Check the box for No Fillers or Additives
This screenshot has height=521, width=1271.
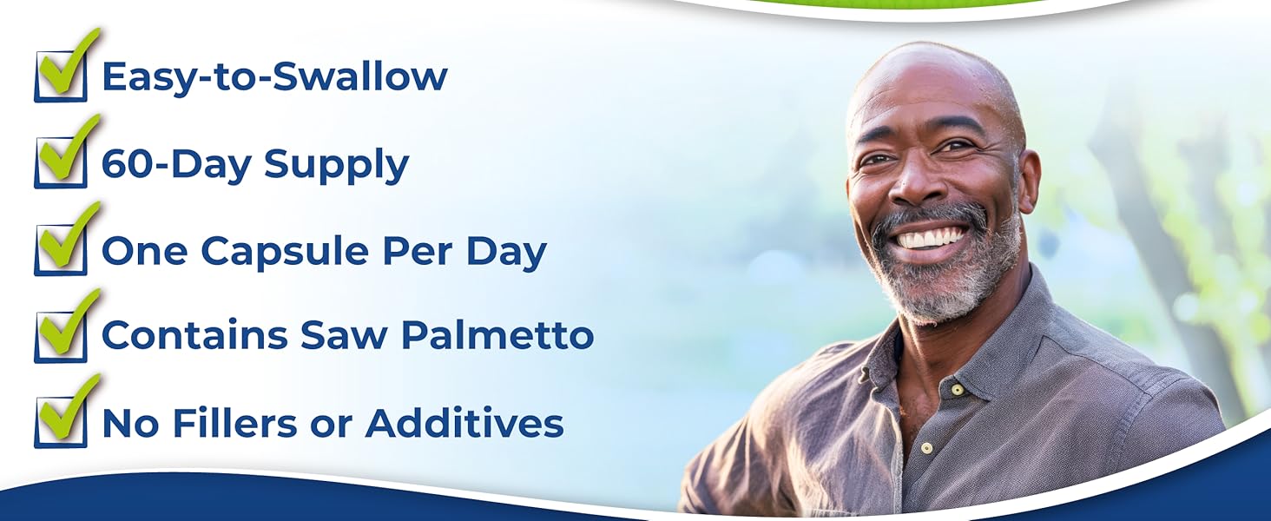61,423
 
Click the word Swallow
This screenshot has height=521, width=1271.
359,76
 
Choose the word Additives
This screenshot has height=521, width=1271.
464,423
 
